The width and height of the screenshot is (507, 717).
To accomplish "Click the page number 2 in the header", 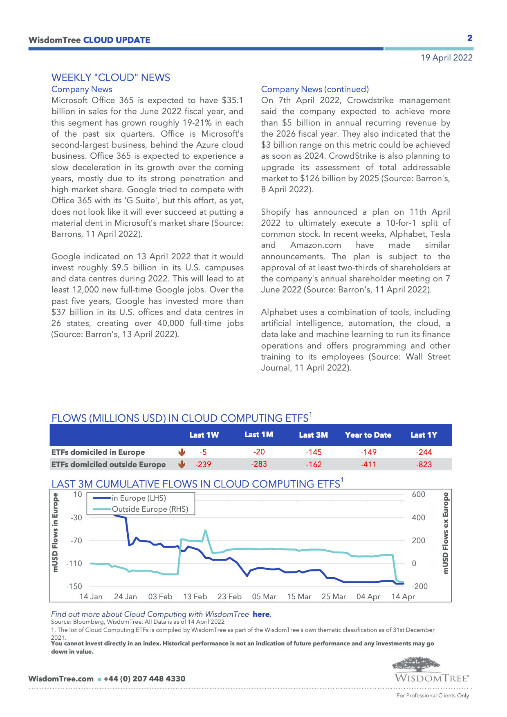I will coord(470,38).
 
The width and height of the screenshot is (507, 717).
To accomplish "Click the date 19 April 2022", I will coord(446,58).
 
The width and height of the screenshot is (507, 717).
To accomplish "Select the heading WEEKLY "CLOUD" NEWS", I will coord(111,78).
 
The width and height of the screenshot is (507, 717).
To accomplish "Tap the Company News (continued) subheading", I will coord(315,89).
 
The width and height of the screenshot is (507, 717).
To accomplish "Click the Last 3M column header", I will coord(313,435).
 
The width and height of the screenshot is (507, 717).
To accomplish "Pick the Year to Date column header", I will coord(368,435).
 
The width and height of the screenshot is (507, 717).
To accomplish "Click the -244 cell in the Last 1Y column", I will coord(424,452).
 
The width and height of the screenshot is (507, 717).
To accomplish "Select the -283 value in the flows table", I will coord(259,464).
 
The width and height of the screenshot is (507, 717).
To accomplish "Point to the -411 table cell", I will coord(368,465).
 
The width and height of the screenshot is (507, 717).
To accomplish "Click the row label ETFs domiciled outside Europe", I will coord(108,465).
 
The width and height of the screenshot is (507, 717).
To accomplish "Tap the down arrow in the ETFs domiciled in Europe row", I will coord(182,452).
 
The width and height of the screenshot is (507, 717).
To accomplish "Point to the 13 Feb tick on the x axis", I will coord(195,597).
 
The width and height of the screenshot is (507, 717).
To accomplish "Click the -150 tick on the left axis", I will coord(74,587).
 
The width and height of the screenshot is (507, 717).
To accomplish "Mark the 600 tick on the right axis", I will coord(419,494).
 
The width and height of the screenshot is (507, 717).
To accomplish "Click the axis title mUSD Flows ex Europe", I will coord(446,533).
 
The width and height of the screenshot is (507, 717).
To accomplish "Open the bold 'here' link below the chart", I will coord(261,614).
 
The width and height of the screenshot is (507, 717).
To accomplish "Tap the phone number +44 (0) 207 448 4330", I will coord(144,679).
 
